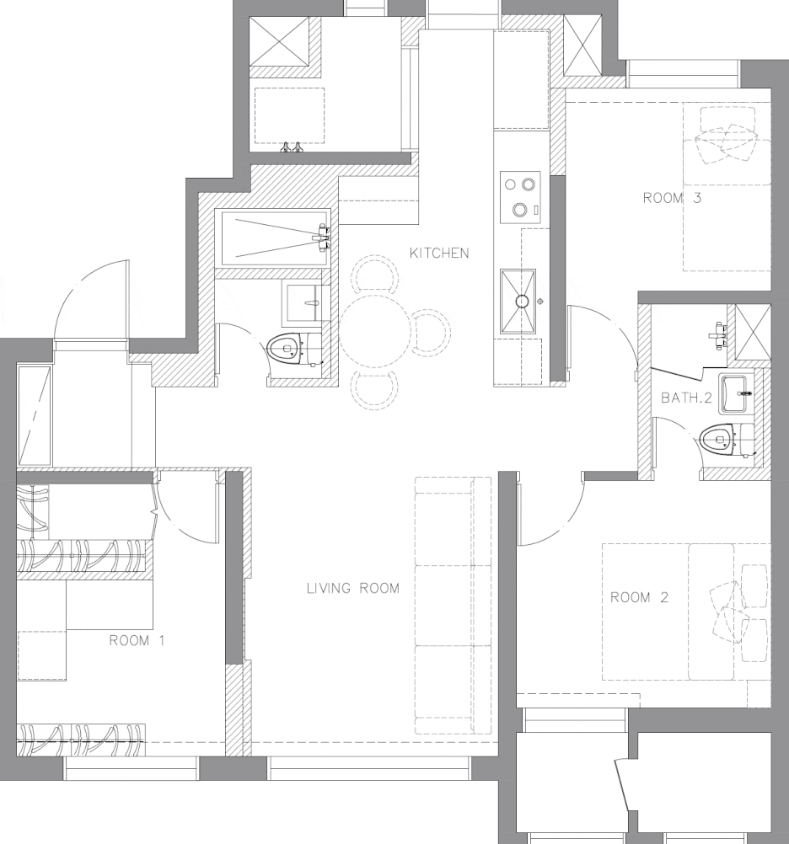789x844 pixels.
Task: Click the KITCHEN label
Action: [x=439, y=253]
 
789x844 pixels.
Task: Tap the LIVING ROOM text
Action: [x=353, y=588]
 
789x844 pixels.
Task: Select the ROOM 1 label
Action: [x=137, y=640]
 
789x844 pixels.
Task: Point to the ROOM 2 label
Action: [x=639, y=597]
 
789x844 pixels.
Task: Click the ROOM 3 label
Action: [x=672, y=198]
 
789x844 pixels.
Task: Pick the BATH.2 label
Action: [x=686, y=398]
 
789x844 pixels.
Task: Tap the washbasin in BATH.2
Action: [x=734, y=394]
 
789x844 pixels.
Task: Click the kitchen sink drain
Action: [x=520, y=302]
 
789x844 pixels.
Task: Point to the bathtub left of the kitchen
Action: [x=276, y=238]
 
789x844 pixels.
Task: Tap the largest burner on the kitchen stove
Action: [x=520, y=210]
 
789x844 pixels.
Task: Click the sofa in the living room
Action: [x=453, y=605]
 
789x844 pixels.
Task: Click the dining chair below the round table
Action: [x=375, y=390]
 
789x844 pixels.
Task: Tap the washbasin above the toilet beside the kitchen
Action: [x=306, y=304]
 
